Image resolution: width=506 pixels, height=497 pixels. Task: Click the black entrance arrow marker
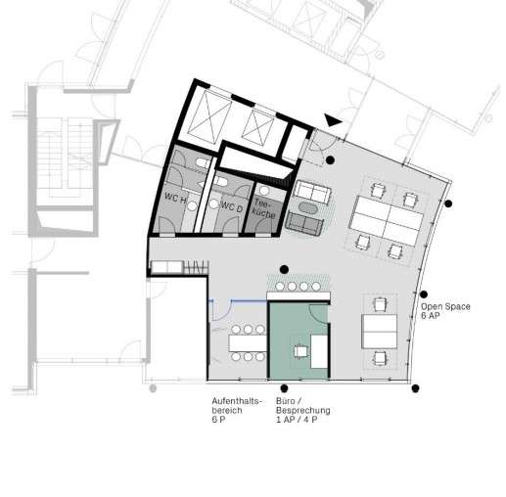pyautogui.click(x=333, y=120)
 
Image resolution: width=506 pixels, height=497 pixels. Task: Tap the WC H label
pyautogui.click(x=175, y=198)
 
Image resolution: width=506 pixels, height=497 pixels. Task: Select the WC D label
pyautogui.click(x=232, y=206)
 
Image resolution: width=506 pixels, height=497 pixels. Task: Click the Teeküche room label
pyautogui.click(x=264, y=208)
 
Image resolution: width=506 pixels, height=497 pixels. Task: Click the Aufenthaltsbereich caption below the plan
pyautogui.click(x=237, y=410)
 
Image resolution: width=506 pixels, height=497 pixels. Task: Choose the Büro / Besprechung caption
pyautogui.click(x=303, y=410)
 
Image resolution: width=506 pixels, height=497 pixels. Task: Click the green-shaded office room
pyautogui.click(x=299, y=341)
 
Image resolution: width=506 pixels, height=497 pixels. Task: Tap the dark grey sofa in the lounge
pyautogui.click(x=304, y=223)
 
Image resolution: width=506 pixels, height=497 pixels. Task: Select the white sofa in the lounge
pyautogui.click(x=312, y=192)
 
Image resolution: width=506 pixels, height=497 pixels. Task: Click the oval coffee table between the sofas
pyautogui.click(x=308, y=208)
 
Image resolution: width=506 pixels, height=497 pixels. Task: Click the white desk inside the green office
pyautogui.click(x=319, y=351)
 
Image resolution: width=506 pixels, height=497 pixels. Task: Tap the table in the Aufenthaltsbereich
pyautogui.click(x=248, y=343)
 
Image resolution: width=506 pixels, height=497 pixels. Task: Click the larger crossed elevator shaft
pyautogui.click(x=210, y=117)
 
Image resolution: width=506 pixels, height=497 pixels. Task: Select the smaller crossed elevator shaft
pyautogui.click(x=258, y=127)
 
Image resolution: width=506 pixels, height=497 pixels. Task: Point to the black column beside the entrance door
pyautogui.click(x=330, y=159)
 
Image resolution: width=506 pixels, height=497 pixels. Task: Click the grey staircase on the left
pyautogui.click(x=65, y=158)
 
